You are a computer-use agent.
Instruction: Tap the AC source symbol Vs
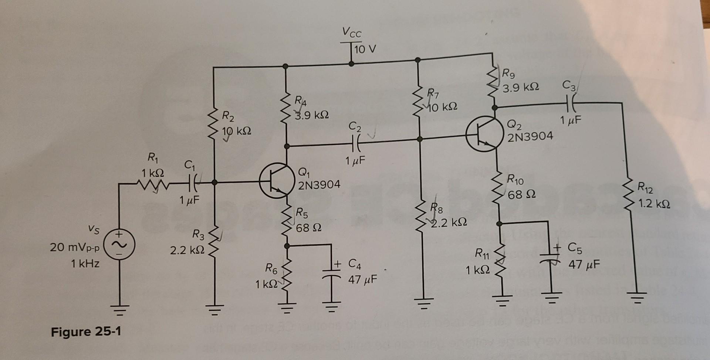point(119,245)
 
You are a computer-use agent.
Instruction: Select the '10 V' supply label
point(365,49)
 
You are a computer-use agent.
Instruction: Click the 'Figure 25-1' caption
point(86,332)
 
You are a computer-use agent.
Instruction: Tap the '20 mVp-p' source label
point(75,247)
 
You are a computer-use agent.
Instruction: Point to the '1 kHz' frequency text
point(85,264)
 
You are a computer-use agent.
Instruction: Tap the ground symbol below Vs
point(119,309)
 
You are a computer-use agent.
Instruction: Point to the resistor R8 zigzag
point(421,218)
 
